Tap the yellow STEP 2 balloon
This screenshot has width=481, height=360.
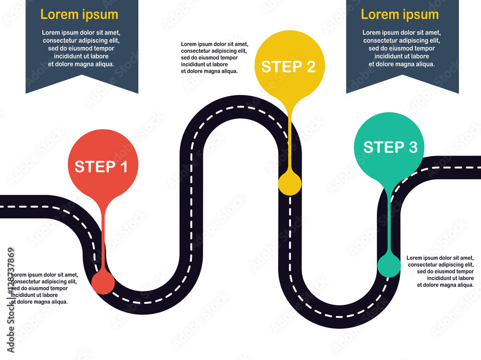point(289,65)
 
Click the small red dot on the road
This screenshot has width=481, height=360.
point(103,282)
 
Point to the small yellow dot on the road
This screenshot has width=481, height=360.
point(290,184)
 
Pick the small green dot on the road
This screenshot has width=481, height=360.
point(389,266)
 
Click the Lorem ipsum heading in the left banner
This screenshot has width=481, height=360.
point(79,14)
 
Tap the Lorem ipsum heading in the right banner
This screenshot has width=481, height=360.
point(400,14)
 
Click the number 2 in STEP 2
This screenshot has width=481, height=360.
point(310,67)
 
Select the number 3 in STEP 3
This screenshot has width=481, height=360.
point(412,147)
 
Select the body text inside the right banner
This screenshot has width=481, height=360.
point(402,48)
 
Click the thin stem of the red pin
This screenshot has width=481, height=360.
point(103,235)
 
